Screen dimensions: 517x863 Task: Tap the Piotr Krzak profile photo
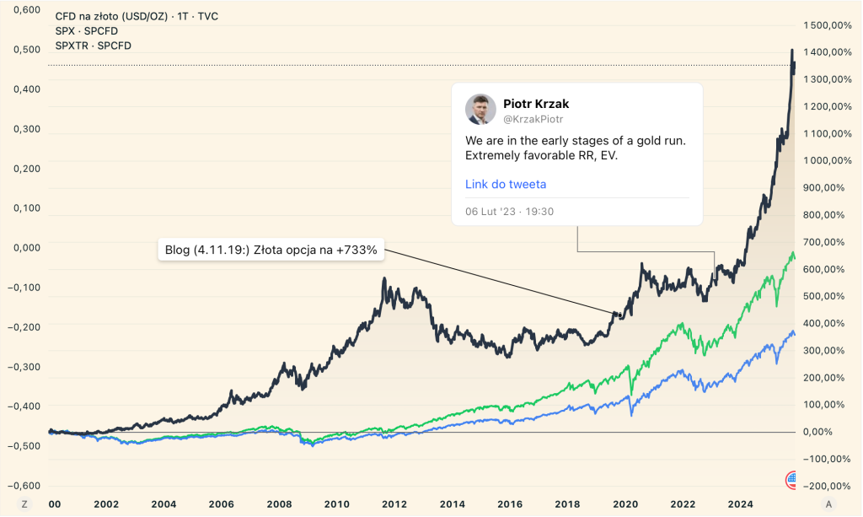pyautogui.click(x=480, y=110)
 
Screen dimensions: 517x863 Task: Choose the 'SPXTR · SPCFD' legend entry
pyautogui.click(x=93, y=46)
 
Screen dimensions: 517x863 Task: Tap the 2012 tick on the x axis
pyautogui.click(x=394, y=504)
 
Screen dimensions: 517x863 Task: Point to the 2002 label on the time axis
pyautogui.click(x=106, y=504)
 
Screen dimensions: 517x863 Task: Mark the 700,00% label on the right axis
pyautogui.click(x=828, y=242)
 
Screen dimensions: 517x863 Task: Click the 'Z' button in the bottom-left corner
pyautogui.click(x=24, y=504)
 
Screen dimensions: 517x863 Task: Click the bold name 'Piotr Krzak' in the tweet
pyautogui.click(x=536, y=104)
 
